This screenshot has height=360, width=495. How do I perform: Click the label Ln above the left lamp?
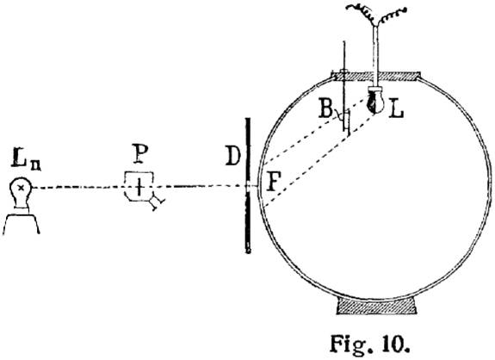tap(27, 161)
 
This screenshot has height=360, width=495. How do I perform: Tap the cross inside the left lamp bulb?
tap(22, 188)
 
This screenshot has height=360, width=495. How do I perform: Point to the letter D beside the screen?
tap(233, 155)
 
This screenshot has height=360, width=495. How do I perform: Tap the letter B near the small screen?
tap(325, 108)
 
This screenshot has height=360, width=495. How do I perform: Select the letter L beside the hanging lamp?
tap(396, 108)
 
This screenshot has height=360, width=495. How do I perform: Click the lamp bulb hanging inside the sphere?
tap(375, 101)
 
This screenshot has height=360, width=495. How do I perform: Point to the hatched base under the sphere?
tap(376, 306)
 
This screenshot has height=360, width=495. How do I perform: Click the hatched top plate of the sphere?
tap(375, 76)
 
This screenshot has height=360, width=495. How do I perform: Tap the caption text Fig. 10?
tap(369, 344)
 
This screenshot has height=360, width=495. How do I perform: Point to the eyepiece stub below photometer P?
tap(157, 202)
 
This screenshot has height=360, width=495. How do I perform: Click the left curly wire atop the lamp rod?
tap(361, 13)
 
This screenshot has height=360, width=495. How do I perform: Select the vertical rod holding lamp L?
tap(375, 56)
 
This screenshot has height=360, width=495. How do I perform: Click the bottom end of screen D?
tap(249, 252)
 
